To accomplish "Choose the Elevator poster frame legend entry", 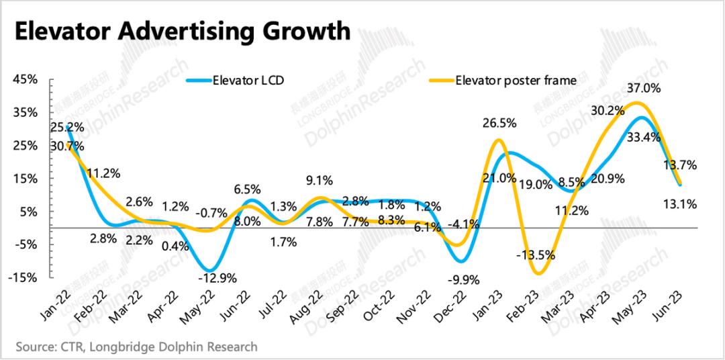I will tap(516, 81).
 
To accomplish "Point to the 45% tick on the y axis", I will tap(25, 80).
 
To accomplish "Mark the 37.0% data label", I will tap(644, 88).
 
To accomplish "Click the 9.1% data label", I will tap(320, 180).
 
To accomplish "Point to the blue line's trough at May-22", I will tap(210, 269).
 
